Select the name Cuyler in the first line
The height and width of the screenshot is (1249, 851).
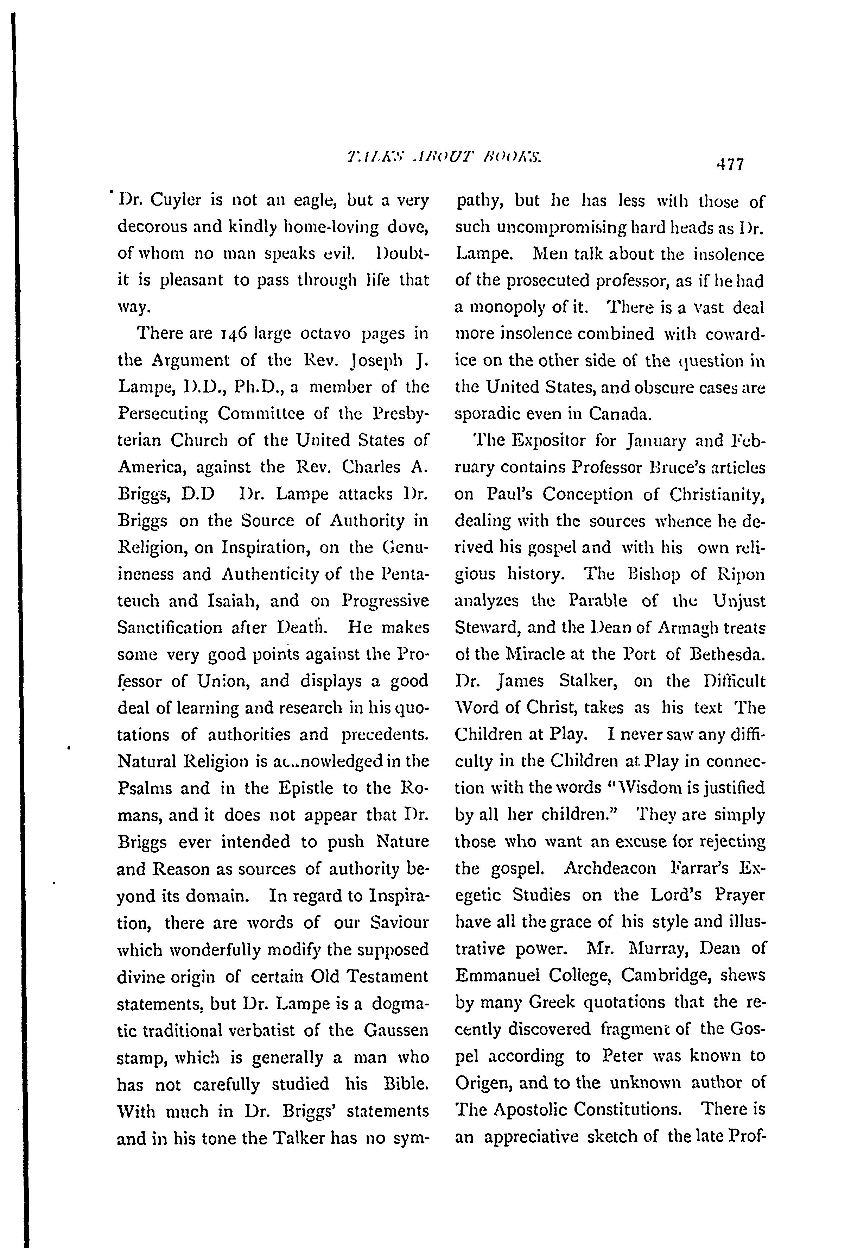click(176, 200)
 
